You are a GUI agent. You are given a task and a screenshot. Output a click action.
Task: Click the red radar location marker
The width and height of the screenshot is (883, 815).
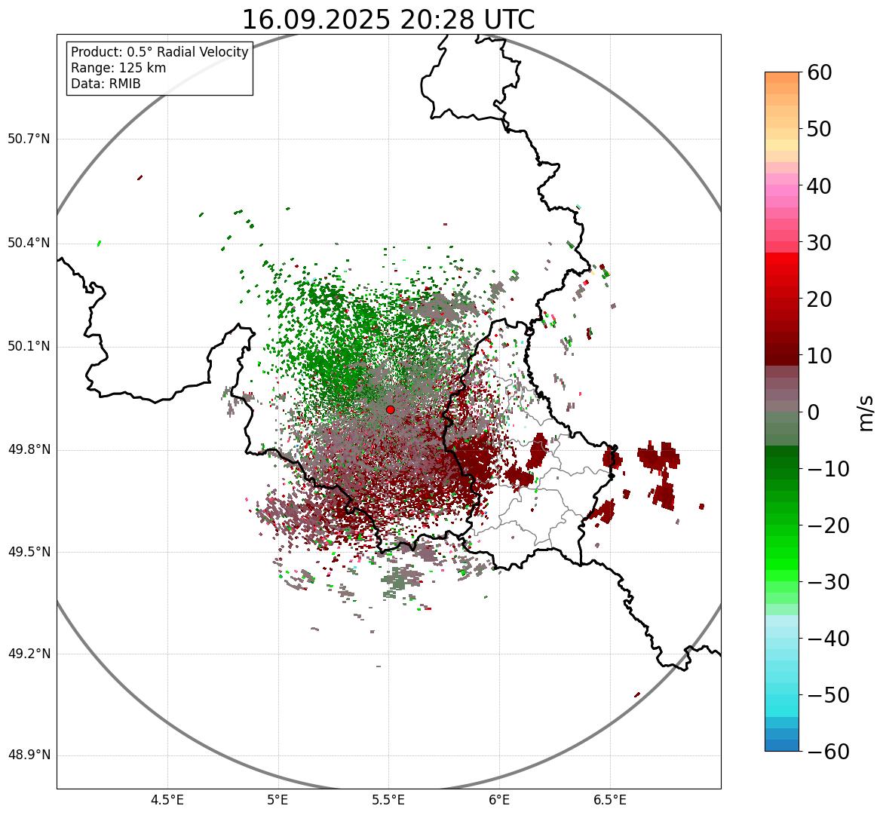point(390,409)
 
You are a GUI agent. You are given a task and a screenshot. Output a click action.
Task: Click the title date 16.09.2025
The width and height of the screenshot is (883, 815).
point(316,20)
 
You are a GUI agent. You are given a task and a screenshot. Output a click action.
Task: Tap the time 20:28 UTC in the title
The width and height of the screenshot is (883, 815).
point(467,20)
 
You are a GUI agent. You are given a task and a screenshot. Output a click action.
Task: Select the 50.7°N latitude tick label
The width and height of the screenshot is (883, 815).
point(29,139)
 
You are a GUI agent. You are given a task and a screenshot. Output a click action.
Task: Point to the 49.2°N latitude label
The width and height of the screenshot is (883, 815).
point(29,654)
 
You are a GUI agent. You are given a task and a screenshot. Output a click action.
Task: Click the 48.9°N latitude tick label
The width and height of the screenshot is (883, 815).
point(29,755)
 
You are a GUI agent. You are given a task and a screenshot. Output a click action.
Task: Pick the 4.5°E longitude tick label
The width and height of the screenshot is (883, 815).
point(167,799)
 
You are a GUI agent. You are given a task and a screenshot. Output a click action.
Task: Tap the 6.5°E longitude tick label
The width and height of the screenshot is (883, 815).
point(609,799)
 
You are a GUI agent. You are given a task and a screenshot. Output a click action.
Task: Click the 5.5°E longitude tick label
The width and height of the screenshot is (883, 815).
point(388,799)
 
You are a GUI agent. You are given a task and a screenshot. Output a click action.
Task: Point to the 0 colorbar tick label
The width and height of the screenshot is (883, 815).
point(814,412)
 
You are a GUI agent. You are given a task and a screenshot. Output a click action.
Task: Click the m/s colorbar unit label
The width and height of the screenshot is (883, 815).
point(866,412)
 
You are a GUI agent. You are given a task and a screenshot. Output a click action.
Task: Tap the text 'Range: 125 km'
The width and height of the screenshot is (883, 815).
point(118,68)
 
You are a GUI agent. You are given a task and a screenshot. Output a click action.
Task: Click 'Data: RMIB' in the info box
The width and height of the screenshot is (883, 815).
point(106,84)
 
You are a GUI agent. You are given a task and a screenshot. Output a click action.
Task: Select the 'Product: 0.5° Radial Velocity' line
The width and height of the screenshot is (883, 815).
point(159,52)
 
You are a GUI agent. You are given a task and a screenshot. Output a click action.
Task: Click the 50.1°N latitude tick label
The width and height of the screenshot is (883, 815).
point(29,347)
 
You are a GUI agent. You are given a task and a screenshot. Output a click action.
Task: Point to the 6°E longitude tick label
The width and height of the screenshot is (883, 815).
point(498,799)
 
